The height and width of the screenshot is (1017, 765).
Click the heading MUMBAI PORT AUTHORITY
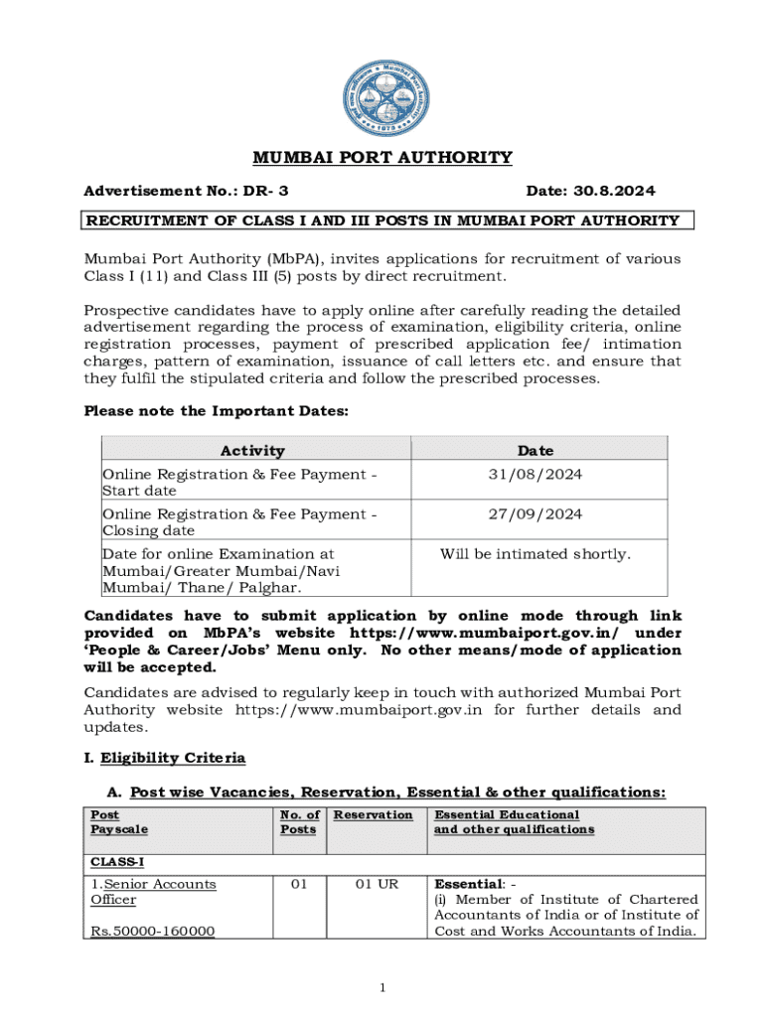point(382,158)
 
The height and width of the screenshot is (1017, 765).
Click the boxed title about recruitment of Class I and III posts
point(382,220)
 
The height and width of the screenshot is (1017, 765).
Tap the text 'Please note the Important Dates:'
point(216,411)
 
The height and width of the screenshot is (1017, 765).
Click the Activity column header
point(252,450)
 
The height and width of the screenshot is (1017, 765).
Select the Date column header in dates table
point(535,450)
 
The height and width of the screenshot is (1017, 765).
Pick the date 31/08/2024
point(535,475)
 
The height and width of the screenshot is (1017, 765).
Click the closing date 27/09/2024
point(535,514)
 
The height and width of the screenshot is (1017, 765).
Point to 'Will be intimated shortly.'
point(535,554)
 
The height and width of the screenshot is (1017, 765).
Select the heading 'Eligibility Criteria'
point(171,758)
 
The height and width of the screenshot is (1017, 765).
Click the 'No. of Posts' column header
point(299,822)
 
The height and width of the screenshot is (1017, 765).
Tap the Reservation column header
point(373,815)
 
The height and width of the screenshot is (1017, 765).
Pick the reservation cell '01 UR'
point(373,884)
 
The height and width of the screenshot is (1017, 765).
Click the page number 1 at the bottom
point(382,986)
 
